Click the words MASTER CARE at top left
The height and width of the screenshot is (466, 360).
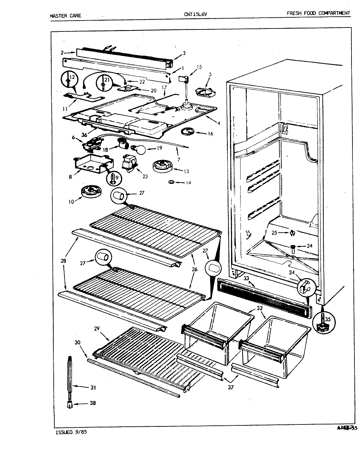65,15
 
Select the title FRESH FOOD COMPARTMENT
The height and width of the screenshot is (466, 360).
318,13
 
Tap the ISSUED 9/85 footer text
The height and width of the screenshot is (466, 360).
69,432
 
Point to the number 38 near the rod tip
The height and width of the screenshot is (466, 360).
93,403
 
